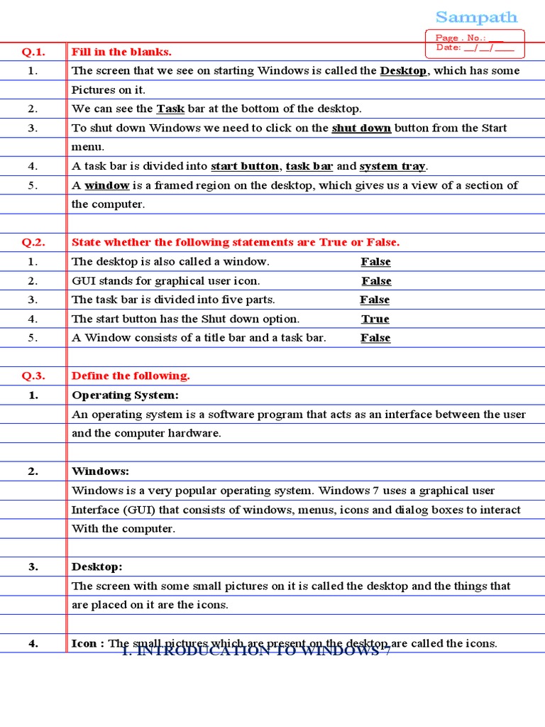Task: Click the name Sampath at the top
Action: pos(476,17)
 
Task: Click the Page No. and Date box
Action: pos(474,43)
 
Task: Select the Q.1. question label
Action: pos(33,52)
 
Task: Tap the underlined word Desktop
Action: pos(403,71)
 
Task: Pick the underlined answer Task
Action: pos(170,109)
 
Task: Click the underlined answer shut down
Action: pos(361,129)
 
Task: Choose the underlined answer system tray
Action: pos(392,167)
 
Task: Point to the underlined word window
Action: pos(106,186)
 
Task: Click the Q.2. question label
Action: pos(33,243)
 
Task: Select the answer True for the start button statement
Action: pos(375,319)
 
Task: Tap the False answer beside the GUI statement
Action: pos(376,281)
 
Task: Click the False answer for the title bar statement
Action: pos(375,339)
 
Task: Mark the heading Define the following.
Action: pos(131,376)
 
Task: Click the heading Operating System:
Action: pos(125,395)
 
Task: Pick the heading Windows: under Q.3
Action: pos(100,472)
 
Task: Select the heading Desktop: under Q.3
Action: pos(97,567)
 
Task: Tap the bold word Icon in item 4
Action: pos(84,644)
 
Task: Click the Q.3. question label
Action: pos(33,376)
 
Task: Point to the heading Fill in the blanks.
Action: pos(121,52)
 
